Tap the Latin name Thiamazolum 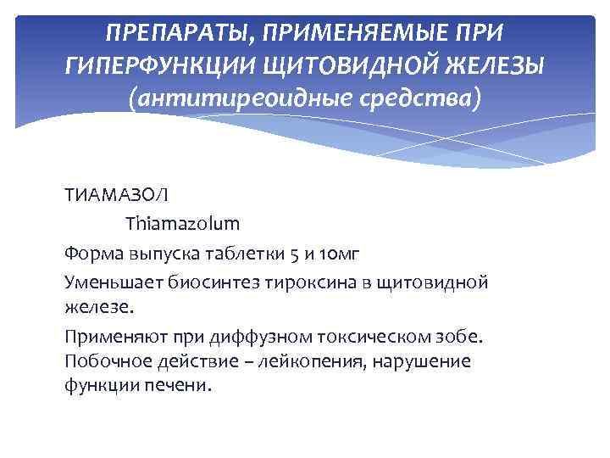[183, 224]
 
